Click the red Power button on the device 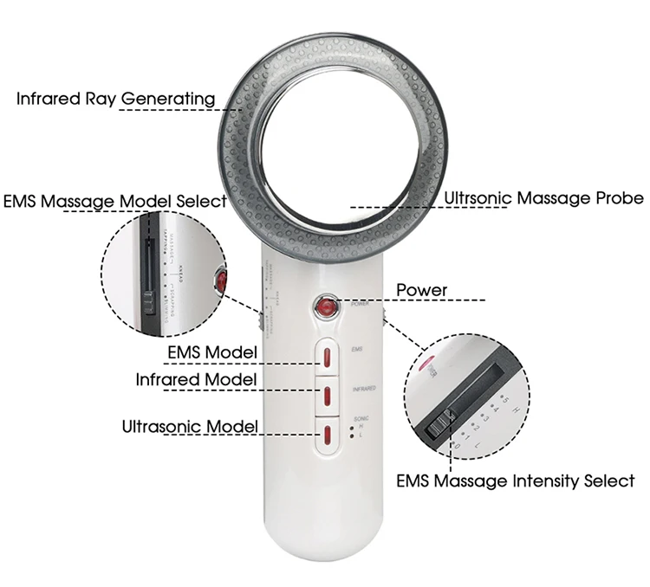[x=326, y=306]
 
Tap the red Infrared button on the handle [x=328, y=395]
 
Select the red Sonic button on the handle [x=328, y=436]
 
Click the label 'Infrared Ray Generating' [x=115, y=99]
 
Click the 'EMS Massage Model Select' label [x=115, y=201]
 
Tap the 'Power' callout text [x=421, y=290]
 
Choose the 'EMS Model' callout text [x=212, y=352]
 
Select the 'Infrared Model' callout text [x=196, y=379]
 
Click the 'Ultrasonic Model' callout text [x=190, y=426]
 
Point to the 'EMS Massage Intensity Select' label [x=515, y=481]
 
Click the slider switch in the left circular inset [x=150, y=303]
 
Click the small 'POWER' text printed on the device [x=361, y=305]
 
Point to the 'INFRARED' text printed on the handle [x=363, y=390]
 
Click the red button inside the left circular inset [x=221, y=281]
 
